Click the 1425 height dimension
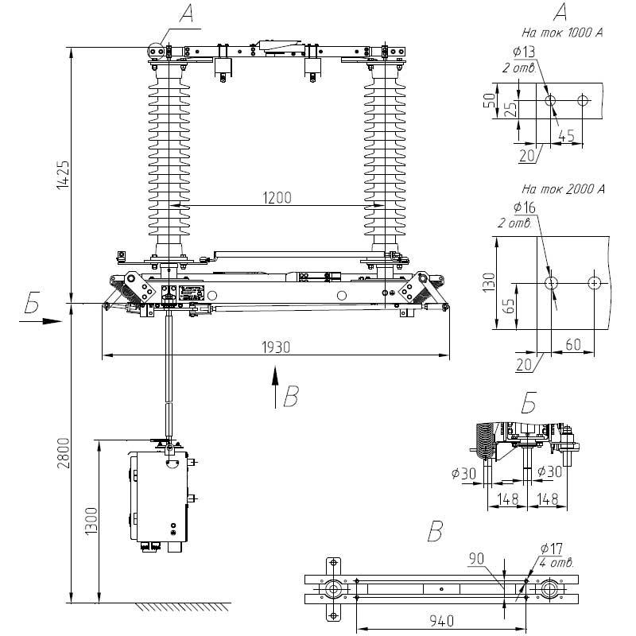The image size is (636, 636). [64, 175]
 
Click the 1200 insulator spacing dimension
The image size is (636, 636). [277, 198]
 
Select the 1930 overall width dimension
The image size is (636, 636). [276, 347]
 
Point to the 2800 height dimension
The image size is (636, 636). [64, 453]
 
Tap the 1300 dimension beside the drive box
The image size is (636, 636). [91, 522]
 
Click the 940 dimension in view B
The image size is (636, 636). [442, 621]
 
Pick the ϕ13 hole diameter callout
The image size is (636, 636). [524, 52]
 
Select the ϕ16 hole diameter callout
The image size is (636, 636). [525, 207]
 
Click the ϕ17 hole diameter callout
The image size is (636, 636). [552, 549]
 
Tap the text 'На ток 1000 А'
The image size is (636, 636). [562, 33]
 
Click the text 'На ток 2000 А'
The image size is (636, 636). [563, 188]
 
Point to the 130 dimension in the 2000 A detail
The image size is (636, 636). [489, 283]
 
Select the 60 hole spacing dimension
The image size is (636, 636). [573, 344]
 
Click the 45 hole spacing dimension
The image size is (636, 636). [567, 135]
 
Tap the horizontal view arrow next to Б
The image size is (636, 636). [41, 321]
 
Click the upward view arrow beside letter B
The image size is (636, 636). [275, 387]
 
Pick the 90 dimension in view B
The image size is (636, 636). [476, 559]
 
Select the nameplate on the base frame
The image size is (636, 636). [192, 293]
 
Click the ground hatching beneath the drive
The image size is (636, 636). [183, 607]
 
